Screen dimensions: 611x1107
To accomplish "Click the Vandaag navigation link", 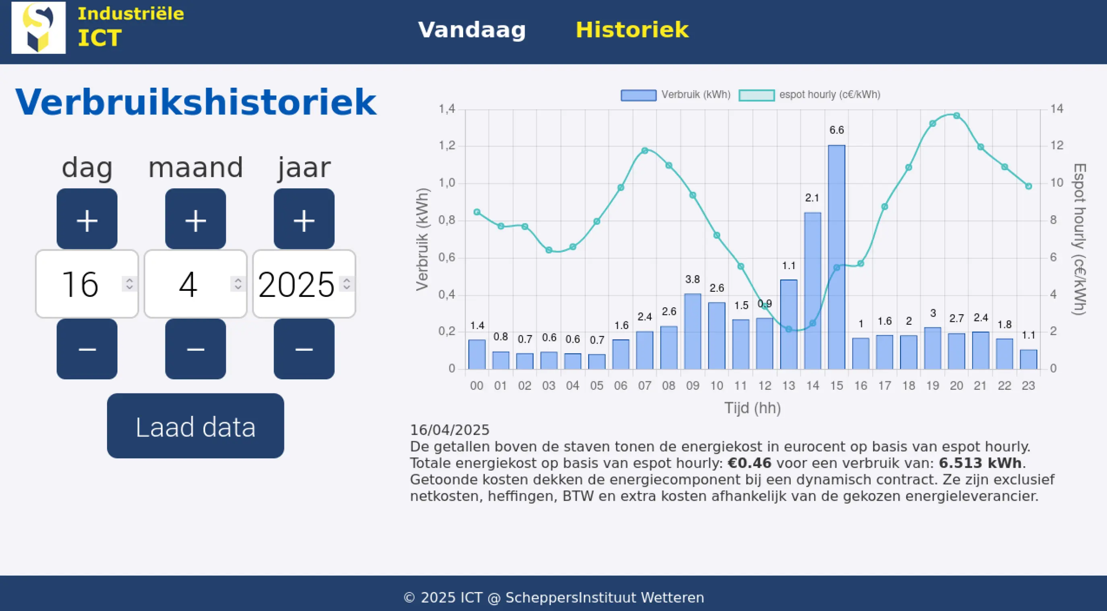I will (x=472, y=30).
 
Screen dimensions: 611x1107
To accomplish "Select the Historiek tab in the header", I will (x=632, y=30).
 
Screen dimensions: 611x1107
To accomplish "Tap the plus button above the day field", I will (x=87, y=219).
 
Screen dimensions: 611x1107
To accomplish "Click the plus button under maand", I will (x=196, y=219).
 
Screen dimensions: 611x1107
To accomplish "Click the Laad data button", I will (x=196, y=426).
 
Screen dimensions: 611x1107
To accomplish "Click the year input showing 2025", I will (x=297, y=284).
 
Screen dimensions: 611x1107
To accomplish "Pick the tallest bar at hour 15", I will (x=836, y=258).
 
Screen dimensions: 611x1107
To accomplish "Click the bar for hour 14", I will (x=812, y=292).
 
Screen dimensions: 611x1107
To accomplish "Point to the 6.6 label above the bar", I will (x=836, y=130).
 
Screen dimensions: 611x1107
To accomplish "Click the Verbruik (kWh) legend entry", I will (x=676, y=95).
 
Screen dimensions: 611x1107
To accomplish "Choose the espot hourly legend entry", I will (x=810, y=95).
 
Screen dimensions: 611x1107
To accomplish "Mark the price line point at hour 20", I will (x=957, y=115).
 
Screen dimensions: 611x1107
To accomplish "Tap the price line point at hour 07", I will (x=645, y=151).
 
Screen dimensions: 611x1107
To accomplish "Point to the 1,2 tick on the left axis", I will (x=447, y=146).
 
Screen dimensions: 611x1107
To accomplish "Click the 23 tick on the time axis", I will (x=1028, y=386).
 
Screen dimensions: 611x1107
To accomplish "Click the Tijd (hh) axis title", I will (x=752, y=408).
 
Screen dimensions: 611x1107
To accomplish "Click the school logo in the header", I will (x=39, y=28).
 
